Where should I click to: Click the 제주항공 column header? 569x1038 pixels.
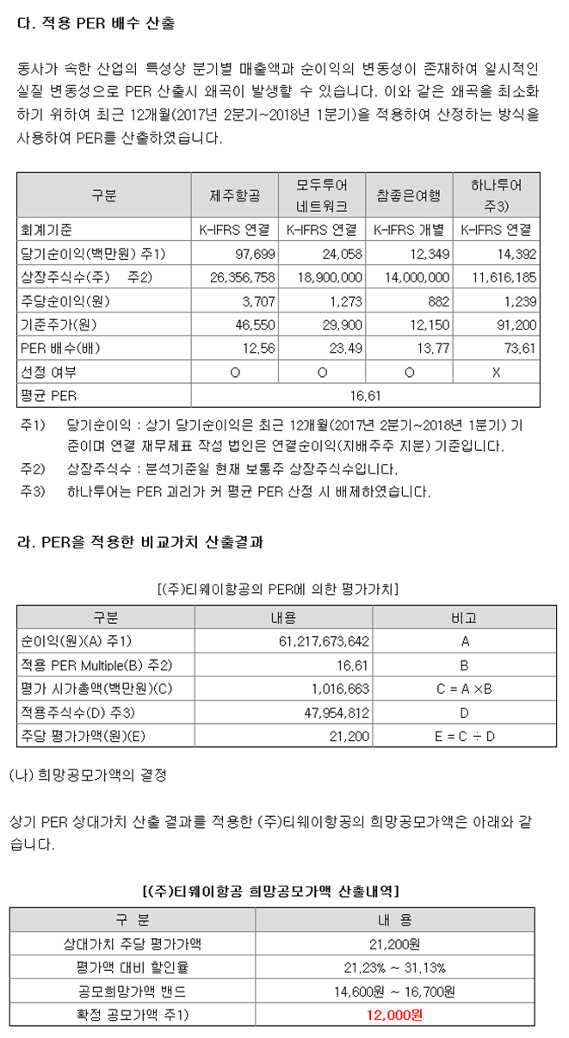pos(234,195)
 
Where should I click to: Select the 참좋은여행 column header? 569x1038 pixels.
pos(409,195)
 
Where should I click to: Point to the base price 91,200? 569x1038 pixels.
pos(517,325)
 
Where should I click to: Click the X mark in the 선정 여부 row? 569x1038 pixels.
pos(496,372)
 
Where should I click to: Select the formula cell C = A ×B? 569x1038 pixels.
pos(465,689)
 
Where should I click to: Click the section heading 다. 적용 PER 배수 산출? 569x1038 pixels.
pos(96,24)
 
